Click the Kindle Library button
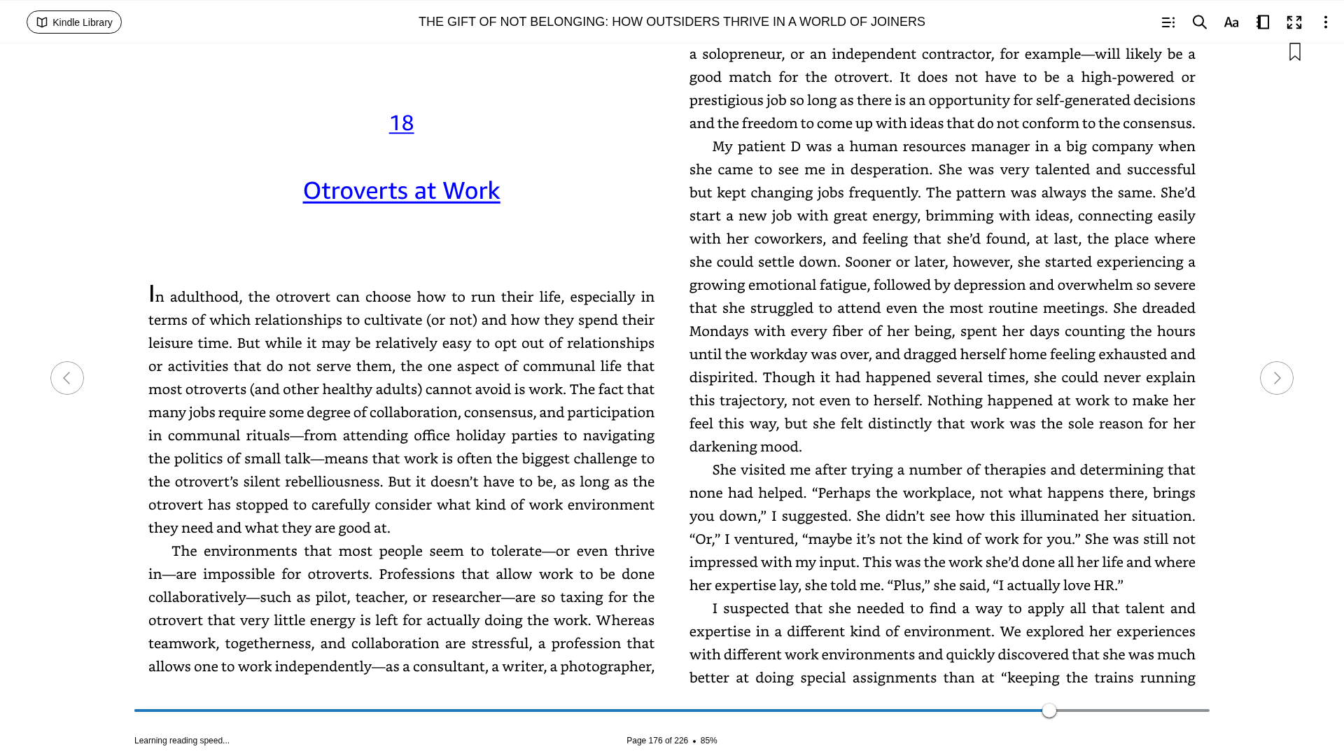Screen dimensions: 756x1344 (74, 22)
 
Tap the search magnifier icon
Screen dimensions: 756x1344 (1199, 22)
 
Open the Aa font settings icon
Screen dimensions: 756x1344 (1231, 22)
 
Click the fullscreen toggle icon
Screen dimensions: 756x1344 (1294, 22)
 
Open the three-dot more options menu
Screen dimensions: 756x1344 (1325, 22)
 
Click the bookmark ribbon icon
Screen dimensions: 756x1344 (1295, 52)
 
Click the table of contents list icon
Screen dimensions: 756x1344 (1168, 22)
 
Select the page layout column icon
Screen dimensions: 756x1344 (1263, 22)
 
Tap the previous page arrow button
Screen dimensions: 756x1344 (67, 378)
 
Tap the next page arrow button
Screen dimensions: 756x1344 (1276, 378)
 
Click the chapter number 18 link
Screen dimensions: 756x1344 (401, 123)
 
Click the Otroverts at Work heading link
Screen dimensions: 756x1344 (401, 190)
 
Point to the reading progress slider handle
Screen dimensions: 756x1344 (1049, 710)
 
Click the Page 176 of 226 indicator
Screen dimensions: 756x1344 (657, 741)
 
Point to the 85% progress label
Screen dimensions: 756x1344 (708, 741)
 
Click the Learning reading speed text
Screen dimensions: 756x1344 (181, 741)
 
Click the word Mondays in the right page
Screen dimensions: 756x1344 (719, 331)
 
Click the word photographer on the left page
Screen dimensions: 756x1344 (607, 666)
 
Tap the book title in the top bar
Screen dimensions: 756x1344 (671, 22)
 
